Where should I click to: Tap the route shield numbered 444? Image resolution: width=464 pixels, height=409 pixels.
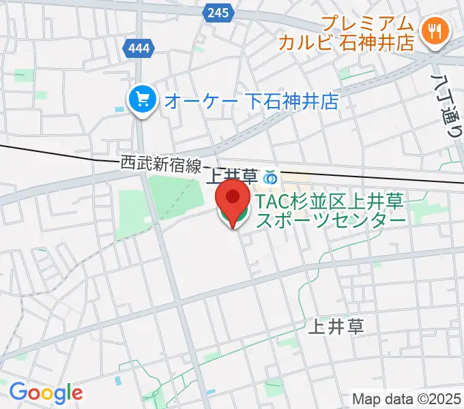pyautogui.click(x=140, y=48)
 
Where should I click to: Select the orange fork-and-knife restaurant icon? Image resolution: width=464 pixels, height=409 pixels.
pyautogui.click(x=434, y=29)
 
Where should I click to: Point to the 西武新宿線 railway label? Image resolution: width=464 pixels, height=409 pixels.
pyautogui.click(x=161, y=163)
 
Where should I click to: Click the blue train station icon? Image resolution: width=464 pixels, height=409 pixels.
pyautogui.click(x=270, y=178)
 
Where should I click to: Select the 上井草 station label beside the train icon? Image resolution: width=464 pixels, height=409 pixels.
pyautogui.click(x=230, y=178)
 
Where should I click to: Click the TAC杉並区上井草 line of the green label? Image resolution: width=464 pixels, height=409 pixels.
pyautogui.click(x=331, y=201)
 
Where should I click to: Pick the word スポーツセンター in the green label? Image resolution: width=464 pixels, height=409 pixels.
pyautogui.click(x=331, y=219)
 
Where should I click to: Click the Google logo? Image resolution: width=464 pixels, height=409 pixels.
pyautogui.click(x=46, y=392)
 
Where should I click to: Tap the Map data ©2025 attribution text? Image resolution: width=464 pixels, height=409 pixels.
pyautogui.click(x=406, y=399)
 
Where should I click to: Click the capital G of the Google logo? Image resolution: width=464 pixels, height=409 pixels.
pyautogui.click(x=17, y=392)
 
